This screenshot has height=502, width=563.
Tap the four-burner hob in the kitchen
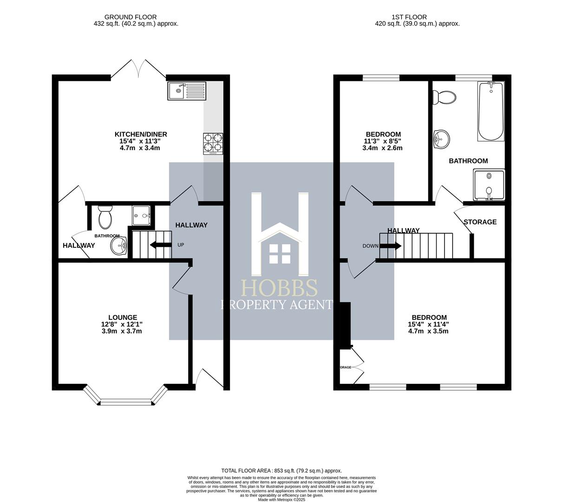click(x=213, y=144)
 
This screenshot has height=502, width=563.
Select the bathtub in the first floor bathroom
click(x=491, y=112)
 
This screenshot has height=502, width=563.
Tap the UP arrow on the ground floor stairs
click(x=160, y=245)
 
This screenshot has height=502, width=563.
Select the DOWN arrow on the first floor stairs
click(x=391, y=246)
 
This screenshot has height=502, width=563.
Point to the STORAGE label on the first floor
click(x=480, y=222)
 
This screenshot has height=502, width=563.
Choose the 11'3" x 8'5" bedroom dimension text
click(x=382, y=141)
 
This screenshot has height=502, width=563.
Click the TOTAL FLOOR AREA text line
click(x=281, y=470)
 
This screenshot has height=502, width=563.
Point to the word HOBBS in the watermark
click(x=279, y=288)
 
